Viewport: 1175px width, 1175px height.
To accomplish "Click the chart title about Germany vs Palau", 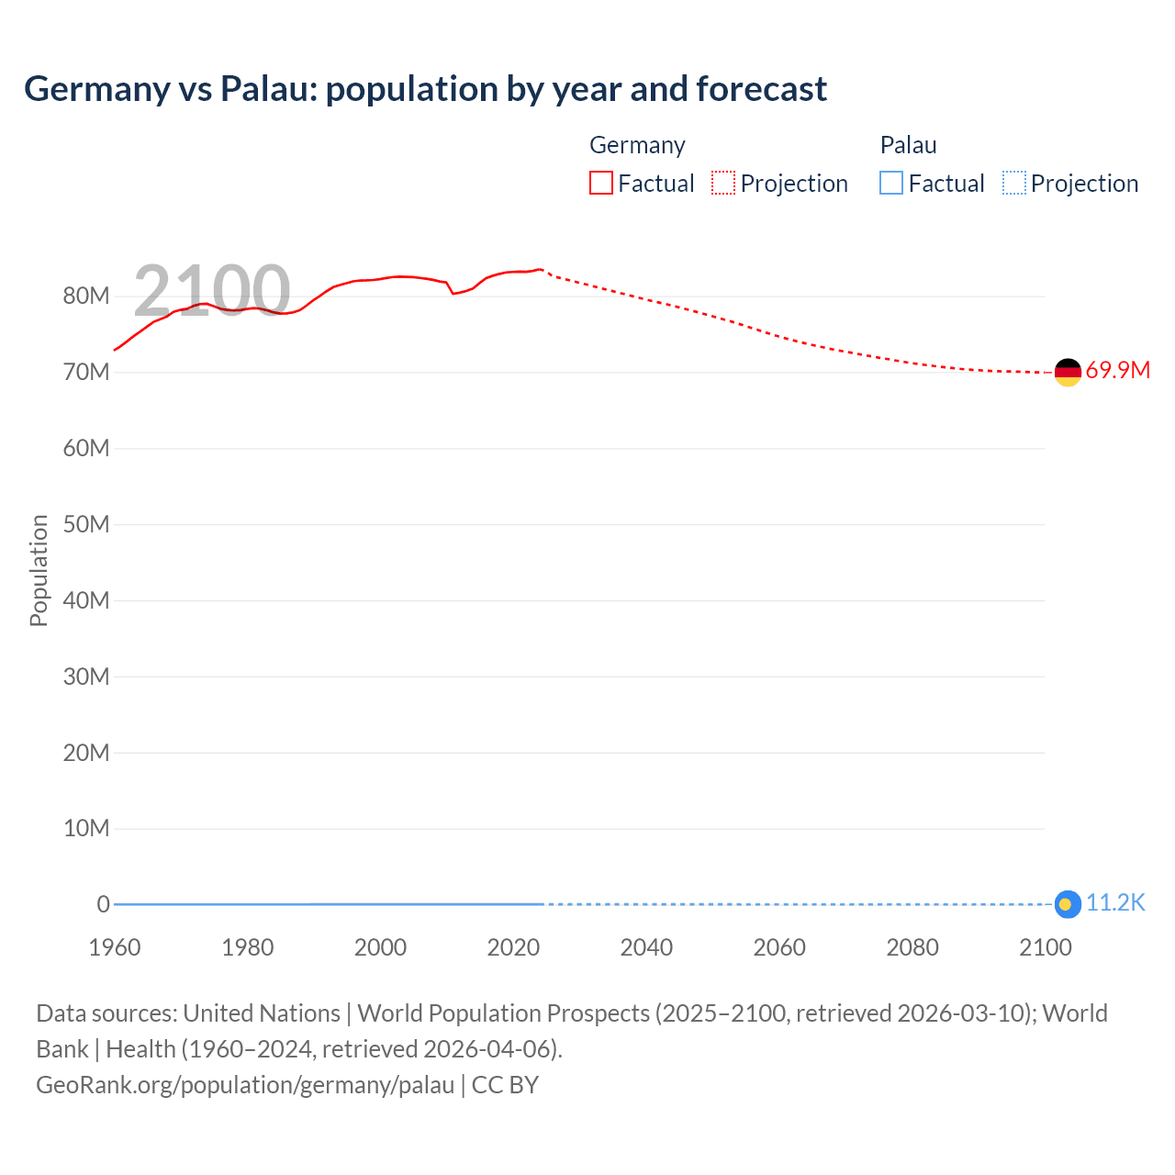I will pos(425,89).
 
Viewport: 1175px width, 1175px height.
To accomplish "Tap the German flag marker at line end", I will pos(1068,372).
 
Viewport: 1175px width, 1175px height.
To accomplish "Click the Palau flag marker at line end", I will pos(1067,904).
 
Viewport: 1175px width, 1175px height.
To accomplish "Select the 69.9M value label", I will pos(1117,371).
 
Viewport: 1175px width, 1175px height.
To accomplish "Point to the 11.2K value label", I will pos(1115,903).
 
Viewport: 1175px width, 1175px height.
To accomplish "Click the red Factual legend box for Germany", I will pos(601,184).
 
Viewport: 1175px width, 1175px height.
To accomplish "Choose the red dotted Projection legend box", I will pos(723,184).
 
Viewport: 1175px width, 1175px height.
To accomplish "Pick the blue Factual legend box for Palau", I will pos(891,184).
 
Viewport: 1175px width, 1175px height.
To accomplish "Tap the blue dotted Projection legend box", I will pos(1014,184).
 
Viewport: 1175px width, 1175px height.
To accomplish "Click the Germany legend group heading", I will pos(637,145).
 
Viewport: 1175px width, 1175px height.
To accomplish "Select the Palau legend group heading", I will pos(908,145).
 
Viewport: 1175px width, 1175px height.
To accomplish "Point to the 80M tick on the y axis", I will pos(86,296).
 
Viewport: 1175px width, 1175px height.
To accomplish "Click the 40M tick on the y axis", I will pos(86,600).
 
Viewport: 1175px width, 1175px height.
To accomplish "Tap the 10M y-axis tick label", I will pos(86,828).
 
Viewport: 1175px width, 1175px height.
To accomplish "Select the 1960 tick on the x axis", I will pos(115,947).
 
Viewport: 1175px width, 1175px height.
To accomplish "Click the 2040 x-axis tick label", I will pos(646,947).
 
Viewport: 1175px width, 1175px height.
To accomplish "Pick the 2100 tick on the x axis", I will pos(1045,947).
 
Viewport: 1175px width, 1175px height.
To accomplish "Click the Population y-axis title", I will pos(39,570).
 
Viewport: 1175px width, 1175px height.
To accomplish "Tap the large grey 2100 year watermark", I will pos(212,291).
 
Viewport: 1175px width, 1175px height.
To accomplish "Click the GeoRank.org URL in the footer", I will pos(245,1085).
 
